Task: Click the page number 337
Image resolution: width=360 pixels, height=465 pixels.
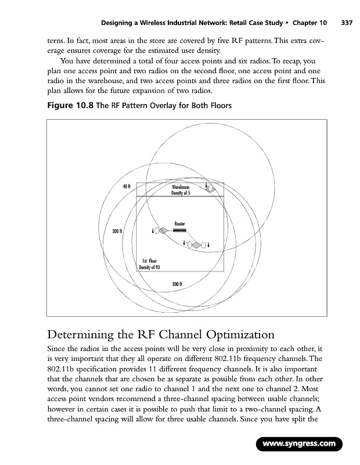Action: [x=347, y=23]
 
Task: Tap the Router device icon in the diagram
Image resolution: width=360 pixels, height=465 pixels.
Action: [x=179, y=230]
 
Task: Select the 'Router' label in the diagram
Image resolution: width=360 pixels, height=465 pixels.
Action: [x=180, y=223]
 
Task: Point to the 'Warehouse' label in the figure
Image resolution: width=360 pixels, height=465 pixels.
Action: [x=181, y=188]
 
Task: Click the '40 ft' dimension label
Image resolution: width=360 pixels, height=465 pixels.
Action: [x=126, y=186]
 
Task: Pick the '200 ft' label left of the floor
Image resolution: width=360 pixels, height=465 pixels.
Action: [x=117, y=231]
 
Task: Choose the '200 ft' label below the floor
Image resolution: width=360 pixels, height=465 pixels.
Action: [x=178, y=284]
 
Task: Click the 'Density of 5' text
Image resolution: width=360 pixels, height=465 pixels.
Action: [x=181, y=193]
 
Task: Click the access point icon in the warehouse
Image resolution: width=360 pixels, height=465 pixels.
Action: [x=211, y=188]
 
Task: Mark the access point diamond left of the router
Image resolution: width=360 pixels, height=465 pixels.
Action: [x=164, y=231]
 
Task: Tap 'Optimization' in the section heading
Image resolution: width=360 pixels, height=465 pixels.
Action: [x=234, y=335]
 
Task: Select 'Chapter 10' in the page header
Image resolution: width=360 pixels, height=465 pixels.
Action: [x=309, y=23]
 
